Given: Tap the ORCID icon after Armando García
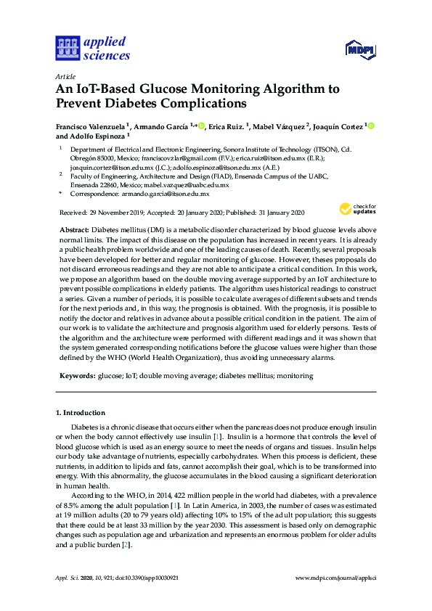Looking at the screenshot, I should (201, 126).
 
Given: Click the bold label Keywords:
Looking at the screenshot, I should (77, 376).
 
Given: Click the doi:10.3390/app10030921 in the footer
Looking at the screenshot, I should (155, 578).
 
